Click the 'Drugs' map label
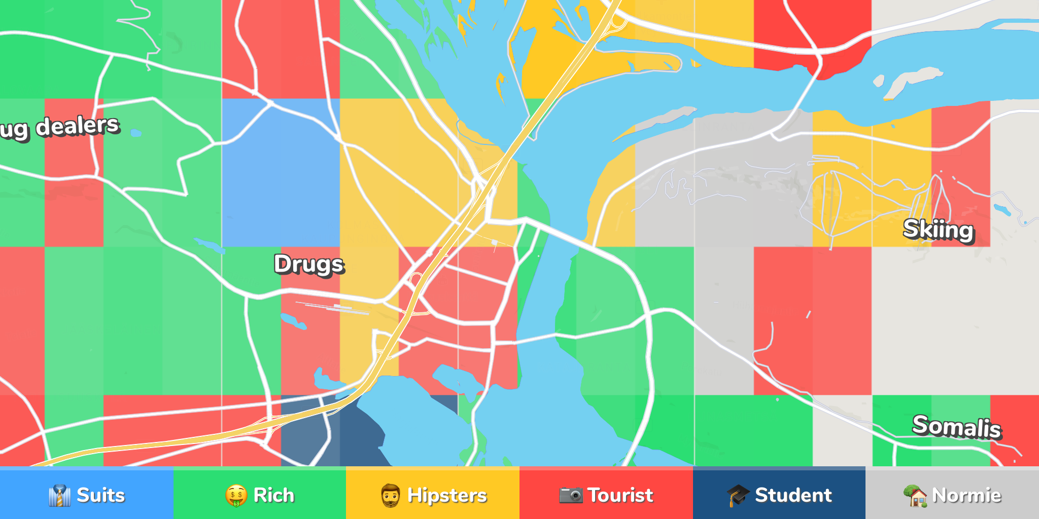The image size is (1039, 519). (x=309, y=265)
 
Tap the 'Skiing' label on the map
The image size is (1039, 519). (x=939, y=230)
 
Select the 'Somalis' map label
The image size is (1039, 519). (x=956, y=426)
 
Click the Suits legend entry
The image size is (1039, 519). (x=87, y=495)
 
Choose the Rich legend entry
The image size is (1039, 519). (x=260, y=495)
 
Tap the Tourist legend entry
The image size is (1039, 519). (x=606, y=495)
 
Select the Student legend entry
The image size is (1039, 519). (x=779, y=495)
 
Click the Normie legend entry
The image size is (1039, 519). (x=952, y=495)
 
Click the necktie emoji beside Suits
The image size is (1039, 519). (x=59, y=495)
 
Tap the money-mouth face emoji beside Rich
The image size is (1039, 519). (x=236, y=495)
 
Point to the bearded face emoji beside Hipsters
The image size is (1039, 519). (x=391, y=495)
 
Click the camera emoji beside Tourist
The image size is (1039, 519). (x=571, y=495)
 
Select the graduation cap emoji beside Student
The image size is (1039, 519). (x=738, y=495)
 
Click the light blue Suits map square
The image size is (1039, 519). (x=281, y=172)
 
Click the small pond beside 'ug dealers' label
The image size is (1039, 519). (x=135, y=133)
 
